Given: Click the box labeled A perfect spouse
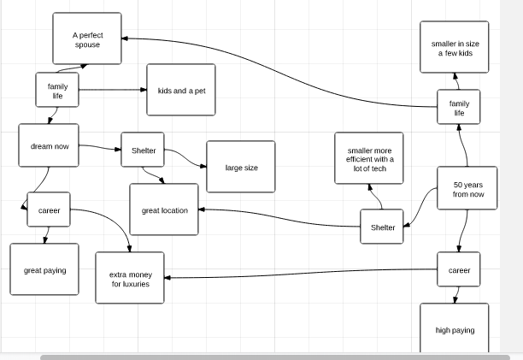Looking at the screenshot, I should [86, 38].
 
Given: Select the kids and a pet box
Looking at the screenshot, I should [181, 90].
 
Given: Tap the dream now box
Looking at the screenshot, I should [49, 146].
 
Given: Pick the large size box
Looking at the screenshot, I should [241, 168].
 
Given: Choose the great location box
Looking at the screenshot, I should [164, 210].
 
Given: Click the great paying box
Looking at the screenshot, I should [44, 270].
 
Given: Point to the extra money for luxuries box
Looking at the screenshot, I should [130, 279].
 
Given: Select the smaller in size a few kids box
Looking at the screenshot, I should [455, 48].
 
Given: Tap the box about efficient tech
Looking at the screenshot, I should [369, 158].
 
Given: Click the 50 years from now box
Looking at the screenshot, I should [467, 189].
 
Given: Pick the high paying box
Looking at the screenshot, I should [455, 328].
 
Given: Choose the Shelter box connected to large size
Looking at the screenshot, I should [143, 150].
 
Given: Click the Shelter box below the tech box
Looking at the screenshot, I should [382, 227].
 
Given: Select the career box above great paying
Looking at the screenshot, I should [49, 210].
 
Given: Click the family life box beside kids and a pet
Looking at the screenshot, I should [57, 91].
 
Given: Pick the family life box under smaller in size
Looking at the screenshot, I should [459, 108].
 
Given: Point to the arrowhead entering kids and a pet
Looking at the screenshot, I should [144, 90].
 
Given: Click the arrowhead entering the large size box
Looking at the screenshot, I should [203, 168].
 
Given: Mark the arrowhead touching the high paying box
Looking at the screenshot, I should [455, 300].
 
